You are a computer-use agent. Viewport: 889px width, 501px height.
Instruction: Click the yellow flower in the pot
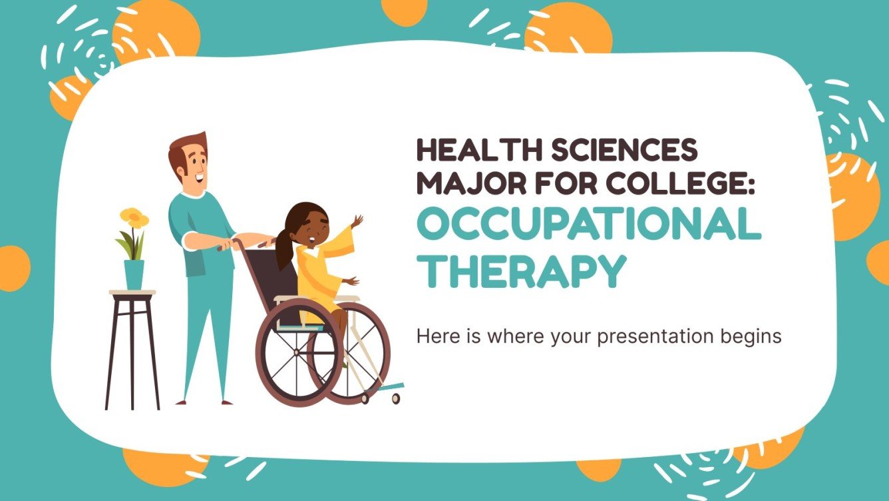(134, 217)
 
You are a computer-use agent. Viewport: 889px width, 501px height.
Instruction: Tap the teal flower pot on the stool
(134, 274)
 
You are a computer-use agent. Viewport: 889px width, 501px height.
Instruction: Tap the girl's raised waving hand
(358, 221)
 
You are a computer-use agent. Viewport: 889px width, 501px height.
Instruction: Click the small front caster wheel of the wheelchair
(396, 398)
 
